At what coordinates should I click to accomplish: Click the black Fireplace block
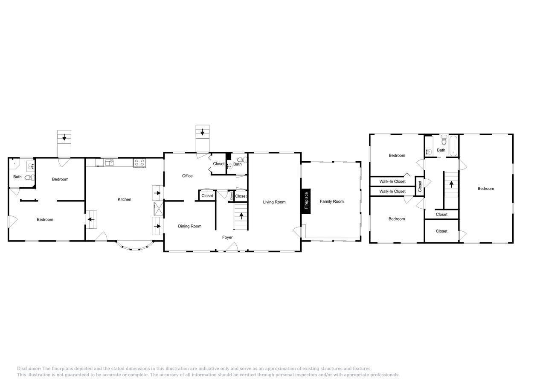(306, 201)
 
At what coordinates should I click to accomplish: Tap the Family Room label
(331, 201)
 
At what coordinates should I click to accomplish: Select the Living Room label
(274, 202)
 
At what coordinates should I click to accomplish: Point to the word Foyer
(227, 237)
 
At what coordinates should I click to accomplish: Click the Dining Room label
(189, 226)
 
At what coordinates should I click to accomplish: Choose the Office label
(187, 176)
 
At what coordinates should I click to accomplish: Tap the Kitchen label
(124, 199)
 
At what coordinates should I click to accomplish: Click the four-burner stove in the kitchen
(139, 163)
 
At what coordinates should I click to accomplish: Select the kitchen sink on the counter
(109, 163)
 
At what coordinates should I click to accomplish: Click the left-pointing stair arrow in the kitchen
(91, 219)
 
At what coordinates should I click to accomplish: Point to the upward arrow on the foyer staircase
(241, 216)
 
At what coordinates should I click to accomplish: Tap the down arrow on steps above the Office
(202, 132)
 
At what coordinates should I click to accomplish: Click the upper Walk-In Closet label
(392, 181)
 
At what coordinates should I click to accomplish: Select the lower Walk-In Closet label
(392, 191)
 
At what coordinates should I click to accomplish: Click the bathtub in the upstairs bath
(453, 146)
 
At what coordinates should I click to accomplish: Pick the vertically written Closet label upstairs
(420, 186)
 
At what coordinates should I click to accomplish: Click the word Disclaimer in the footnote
(29, 369)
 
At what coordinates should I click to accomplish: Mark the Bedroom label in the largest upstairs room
(485, 189)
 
